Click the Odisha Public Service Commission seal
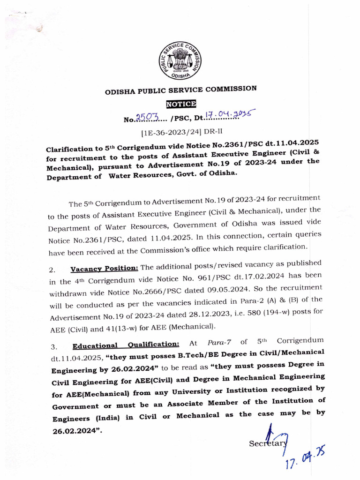coord(180,60)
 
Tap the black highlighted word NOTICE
coord(181,104)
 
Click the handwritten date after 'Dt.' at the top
coord(227,114)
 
